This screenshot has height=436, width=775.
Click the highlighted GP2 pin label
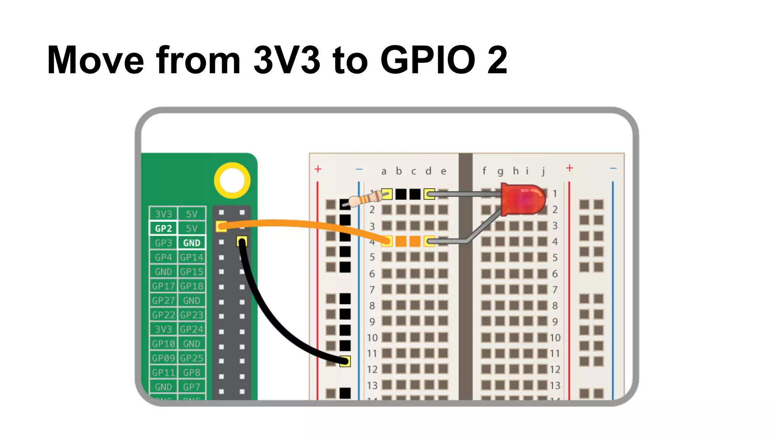coord(163,228)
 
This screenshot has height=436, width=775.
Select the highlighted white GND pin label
coord(191,243)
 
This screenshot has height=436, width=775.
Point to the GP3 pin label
coord(163,243)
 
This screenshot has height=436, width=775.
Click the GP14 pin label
coord(191,257)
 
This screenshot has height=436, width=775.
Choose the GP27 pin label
coord(163,301)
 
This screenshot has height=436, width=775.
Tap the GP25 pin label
coord(191,358)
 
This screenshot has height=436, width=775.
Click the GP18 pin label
coord(191,286)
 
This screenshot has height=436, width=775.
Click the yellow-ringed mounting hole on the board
coord(232,181)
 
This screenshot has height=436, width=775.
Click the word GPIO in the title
coord(428,60)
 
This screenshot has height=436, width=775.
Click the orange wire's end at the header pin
coord(221,227)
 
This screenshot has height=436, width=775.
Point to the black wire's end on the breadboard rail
coord(345,361)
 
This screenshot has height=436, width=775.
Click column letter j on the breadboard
coord(543,171)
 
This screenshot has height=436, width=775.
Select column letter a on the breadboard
coord(384,171)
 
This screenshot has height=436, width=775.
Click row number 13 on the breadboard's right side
coord(555,385)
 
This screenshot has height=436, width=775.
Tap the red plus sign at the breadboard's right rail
coord(570,168)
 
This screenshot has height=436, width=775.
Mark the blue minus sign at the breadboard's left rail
coord(359,169)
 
